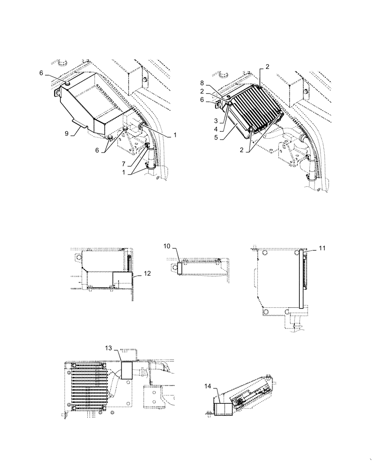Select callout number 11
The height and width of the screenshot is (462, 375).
[x=322, y=248]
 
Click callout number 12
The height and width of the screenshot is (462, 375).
[x=147, y=274]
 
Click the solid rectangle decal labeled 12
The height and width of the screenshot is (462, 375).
[x=122, y=280]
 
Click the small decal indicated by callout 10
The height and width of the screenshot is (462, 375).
[x=181, y=268]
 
